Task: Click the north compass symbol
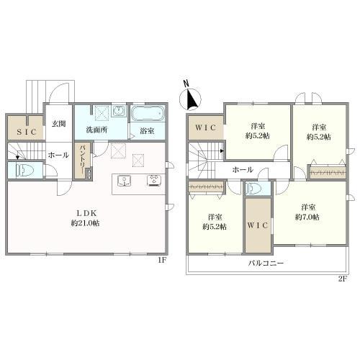pyautogui.click(x=190, y=99)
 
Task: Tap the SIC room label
pyautogui.click(x=27, y=132)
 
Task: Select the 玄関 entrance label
pyautogui.click(x=59, y=124)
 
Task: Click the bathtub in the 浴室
pyautogui.click(x=148, y=114)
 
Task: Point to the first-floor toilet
pyautogui.click(x=25, y=171)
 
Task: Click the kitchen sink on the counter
pyautogui.click(x=124, y=181)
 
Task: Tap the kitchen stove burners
pyautogui.click(x=154, y=181)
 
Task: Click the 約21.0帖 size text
pyautogui.click(x=85, y=223)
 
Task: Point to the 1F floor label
pyautogui.click(x=162, y=260)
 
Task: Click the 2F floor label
pyautogui.click(x=343, y=279)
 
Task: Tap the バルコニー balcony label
pyautogui.click(x=266, y=263)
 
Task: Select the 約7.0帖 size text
pyautogui.click(x=307, y=217)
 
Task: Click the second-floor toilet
pyautogui.click(x=254, y=188)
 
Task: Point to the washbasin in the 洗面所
pyautogui.click(x=119, y=112)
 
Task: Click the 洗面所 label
pyautogui.click(x=96, y=130)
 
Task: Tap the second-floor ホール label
pyautogui.click(x=243, y=170)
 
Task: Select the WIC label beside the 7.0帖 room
pyautogui.click(x=258, y=225)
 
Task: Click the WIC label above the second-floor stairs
pyautogui.click(x=206, y=127)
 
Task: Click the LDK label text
pyautogui.click(x=86, y=213)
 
